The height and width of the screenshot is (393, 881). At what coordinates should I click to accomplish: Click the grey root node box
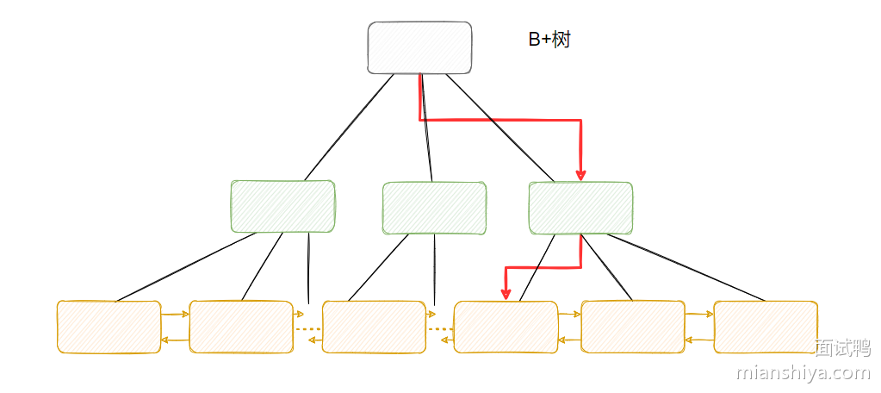(419, 47)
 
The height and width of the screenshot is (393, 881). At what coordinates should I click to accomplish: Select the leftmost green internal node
(282, 207)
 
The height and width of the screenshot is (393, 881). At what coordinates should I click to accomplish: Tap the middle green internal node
(434, 208)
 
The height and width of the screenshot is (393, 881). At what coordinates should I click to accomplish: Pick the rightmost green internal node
(580, 208)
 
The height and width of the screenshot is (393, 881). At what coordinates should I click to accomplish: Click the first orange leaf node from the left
(109, 327)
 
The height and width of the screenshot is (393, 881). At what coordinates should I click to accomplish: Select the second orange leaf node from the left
(241, 327)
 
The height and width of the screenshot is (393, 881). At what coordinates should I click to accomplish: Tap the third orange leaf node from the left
(374, 327)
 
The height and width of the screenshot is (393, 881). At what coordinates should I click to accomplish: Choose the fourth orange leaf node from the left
(506, 327)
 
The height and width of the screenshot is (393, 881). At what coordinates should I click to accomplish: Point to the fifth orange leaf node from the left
(633, 327)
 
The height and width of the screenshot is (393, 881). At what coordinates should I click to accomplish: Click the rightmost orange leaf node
(766, 327)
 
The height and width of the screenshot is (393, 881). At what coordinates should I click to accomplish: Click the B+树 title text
(549, 40)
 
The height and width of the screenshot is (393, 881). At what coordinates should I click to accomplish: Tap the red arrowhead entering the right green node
(581, 174)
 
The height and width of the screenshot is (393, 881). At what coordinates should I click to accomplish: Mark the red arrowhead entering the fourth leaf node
(506, 294)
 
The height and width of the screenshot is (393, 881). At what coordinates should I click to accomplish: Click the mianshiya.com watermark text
(803, 372)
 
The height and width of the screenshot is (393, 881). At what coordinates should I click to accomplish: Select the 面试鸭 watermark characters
(842, 348)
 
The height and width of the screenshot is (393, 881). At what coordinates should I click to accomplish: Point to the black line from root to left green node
(349, 128)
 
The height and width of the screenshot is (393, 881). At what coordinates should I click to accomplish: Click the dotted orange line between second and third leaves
(307, 328)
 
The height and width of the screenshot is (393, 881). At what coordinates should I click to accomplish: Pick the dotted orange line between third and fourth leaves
(440, 328)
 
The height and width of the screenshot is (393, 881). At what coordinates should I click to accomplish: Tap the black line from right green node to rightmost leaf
(689, 269)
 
